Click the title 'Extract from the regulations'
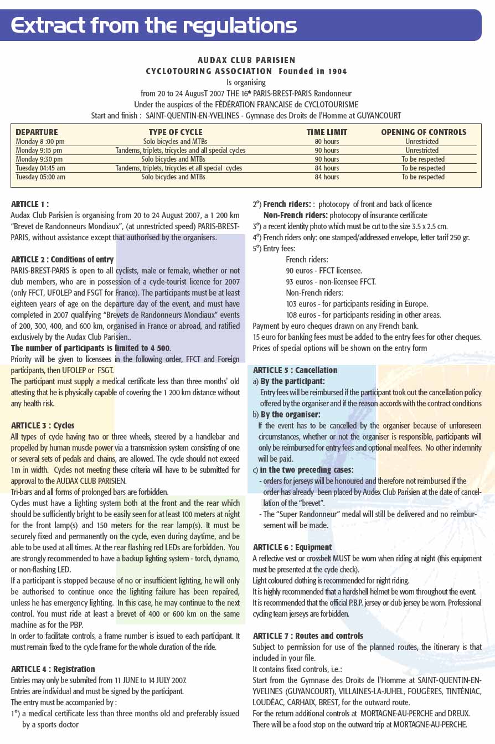point(154,25)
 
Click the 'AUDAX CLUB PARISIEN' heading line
point(246,60)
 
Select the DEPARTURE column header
point(37,132)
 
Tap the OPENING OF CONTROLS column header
point(424,132)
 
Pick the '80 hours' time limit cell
point(327,142)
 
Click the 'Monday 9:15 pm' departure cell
point(39,151)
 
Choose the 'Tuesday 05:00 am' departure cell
point(40,177)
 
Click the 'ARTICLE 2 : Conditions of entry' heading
point(62,259)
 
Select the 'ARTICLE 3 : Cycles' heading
point(43,425)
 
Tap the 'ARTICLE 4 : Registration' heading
point(53,669)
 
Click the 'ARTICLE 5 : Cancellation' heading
point(295,370)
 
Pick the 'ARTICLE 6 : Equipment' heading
point(292,547)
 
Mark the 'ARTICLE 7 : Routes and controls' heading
point(308,635)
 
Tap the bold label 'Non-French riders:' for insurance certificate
point(295,215)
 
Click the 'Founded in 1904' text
point(312,71)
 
